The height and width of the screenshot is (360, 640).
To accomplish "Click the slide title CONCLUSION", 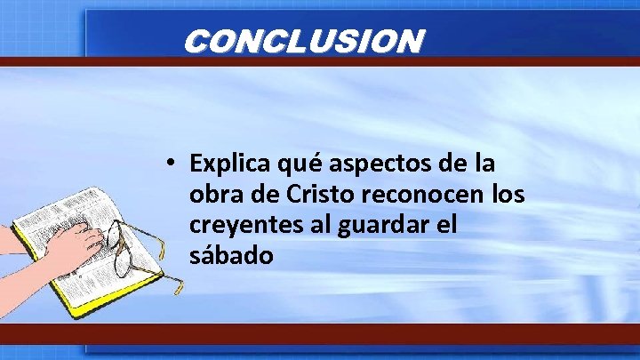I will tap(303, 41).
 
